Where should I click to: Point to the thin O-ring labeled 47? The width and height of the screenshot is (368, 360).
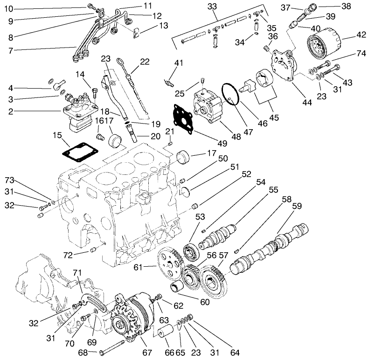(x=230, y=94)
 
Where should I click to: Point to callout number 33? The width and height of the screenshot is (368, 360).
(x=212, y=7)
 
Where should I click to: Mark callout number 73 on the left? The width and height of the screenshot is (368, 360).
(x=10, y=180)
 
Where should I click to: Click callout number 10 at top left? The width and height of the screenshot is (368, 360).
(x=9, y=8)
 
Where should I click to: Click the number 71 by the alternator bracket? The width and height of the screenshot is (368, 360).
(x=77, y=272)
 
